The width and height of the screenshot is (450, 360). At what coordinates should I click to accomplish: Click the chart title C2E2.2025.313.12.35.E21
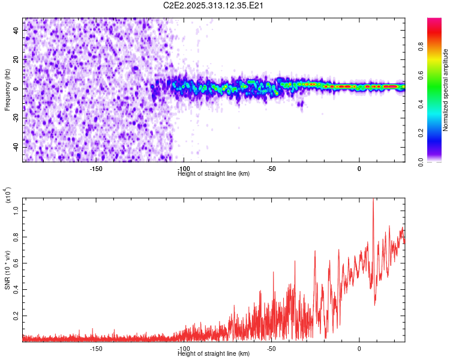pos(214,6)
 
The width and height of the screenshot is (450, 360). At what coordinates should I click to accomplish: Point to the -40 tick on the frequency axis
pos(16,147)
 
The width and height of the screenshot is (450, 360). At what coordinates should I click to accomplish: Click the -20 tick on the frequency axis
pos(16,118)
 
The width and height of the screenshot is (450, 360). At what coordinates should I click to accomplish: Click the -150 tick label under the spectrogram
pos(96,169)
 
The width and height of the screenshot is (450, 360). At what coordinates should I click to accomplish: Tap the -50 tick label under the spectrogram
pos(271,169)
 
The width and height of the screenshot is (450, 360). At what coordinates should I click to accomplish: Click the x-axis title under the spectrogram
pos(214,174)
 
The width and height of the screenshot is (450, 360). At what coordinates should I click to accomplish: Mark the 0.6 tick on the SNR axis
pos(16,263)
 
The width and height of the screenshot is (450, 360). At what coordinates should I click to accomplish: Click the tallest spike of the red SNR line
pos(373,200)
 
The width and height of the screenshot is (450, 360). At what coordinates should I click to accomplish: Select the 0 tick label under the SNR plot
pos(359,349)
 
